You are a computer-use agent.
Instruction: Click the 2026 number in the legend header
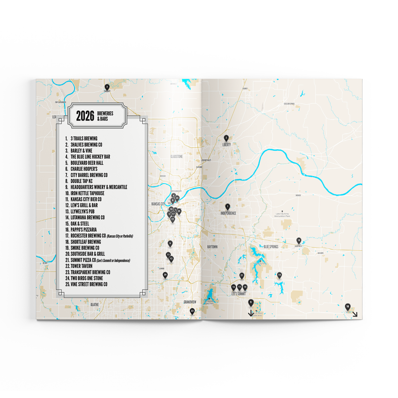pos(86,115)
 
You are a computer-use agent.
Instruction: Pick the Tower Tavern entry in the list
pos(86,266)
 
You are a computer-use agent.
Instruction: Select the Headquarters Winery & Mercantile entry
pos(99,187)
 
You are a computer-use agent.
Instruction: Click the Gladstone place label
pos(177,156)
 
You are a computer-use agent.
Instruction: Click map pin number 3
pos(106,87)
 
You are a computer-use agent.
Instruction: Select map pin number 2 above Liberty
pos(226,137)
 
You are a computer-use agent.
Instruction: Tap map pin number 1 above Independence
pos(228,206)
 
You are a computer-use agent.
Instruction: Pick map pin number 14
pos(280,275)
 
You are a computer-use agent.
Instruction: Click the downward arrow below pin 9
pos(251,312)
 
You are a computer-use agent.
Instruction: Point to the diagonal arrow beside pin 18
pos(355,313)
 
